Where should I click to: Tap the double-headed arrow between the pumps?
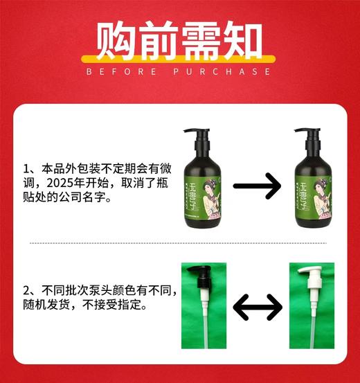click(x=258, y=307)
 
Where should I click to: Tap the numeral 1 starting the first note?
click(x=27, y=168)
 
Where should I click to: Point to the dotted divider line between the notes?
click(x=180, y=244)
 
